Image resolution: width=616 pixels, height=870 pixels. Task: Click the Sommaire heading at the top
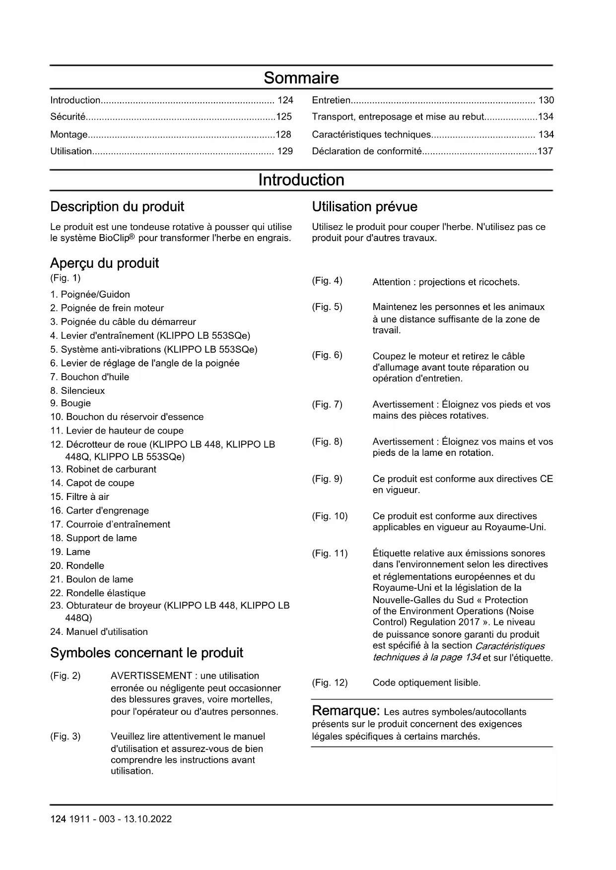[301, 78]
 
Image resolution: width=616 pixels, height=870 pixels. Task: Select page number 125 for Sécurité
[284, 117]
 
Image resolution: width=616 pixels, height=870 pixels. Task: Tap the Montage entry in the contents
[69, 134]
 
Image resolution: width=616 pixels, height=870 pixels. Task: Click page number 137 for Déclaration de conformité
[545, 151]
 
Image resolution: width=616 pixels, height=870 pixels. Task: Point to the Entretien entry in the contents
[331, 100]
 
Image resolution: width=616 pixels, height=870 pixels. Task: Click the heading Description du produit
[117, 207]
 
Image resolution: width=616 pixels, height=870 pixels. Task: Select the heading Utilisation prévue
[364, 207]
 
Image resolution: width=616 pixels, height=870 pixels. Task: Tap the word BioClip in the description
[114, 238]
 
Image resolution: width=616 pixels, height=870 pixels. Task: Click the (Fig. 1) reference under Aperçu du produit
[65, 278]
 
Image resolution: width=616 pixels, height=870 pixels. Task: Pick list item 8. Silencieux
[77, 391]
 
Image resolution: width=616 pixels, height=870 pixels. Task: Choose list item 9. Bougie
[70, 403]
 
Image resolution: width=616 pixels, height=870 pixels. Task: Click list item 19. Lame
[70, 552]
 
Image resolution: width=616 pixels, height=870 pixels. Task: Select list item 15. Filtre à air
[79, 497]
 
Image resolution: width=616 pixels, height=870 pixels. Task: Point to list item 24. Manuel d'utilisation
[99, 631]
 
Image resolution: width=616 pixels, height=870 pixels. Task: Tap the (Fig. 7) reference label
[327, 404]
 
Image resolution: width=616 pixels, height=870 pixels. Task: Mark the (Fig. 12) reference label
[330, 683]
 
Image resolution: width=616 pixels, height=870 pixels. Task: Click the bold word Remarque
[345, 711]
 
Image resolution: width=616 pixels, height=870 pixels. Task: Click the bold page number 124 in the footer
[58, 819]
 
